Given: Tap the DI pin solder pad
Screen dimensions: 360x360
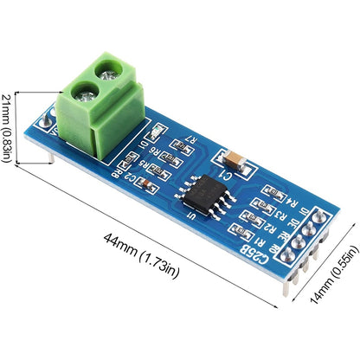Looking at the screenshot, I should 317,218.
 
